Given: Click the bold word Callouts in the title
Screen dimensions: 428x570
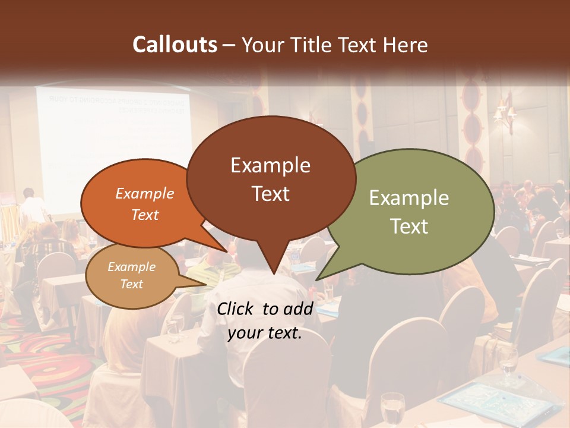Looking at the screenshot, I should coord(175,45).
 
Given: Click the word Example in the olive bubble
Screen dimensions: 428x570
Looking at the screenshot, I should coord(409,198).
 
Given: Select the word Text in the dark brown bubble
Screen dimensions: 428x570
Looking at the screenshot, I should coord(270,194).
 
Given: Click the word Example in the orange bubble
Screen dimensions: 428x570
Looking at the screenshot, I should coord(144,194).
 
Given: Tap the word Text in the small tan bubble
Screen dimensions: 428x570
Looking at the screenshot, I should coord(131,284).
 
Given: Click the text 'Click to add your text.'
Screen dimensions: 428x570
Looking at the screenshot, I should coord(264,320).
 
